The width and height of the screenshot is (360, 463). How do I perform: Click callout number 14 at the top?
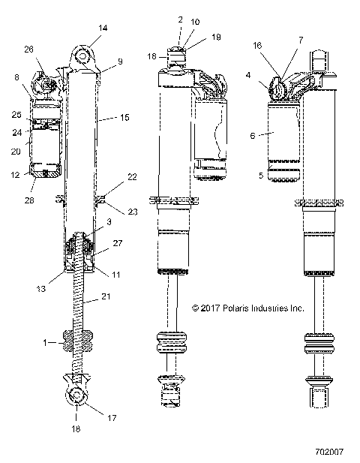pyautogui.click(x=103, y=28)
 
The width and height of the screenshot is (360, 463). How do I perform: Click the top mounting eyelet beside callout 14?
pyautogui.click(x=83, y=56)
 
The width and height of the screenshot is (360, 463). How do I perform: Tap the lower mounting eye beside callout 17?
pyautogui.click(x=77, y=397)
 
